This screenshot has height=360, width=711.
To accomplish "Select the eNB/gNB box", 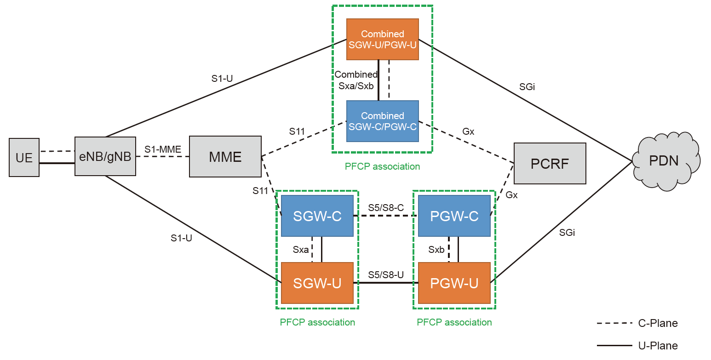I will click(x=105, y=156).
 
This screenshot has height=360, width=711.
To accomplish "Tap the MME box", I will click(x=225, y=156).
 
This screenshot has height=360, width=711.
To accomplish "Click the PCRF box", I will click(x=550, y=164).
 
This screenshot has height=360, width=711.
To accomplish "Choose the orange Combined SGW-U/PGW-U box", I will click(x=382, y=39).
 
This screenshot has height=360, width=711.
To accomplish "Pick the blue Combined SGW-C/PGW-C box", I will click(x=382, y=121).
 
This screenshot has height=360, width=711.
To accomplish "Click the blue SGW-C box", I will click(x=317, y=216).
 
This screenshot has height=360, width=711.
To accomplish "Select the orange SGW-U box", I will click(x=317, y=283).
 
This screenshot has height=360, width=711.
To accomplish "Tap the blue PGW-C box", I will click(x=454, y=216).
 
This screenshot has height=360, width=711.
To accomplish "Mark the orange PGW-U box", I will click(x=454, y=283).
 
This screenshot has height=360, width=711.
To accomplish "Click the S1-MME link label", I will click(x=163, y=149).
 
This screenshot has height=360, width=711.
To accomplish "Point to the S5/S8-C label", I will click(x=385, y=208).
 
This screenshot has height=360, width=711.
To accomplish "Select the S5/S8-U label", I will click(x=385, y=275).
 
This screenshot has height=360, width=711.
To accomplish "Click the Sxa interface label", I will click(x=301, y=250).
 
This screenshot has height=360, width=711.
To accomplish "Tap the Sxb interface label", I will click(x=436, y=250).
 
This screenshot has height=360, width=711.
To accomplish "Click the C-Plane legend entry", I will click(x=658, y=323).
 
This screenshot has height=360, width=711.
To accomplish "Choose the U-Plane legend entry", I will click(x=658, y=345).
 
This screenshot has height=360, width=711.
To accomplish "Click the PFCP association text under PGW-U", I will click(x=454, y=322).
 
